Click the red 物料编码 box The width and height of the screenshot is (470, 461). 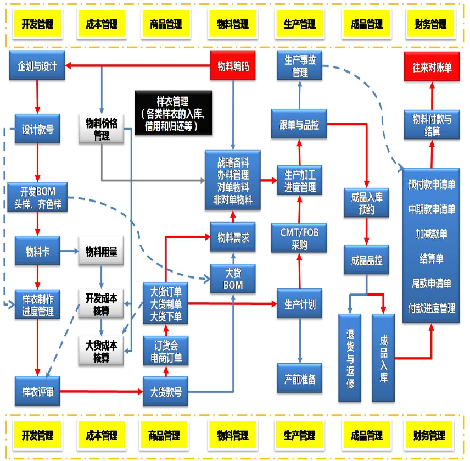coord(233,67)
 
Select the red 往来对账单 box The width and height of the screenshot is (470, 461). coord(432,67)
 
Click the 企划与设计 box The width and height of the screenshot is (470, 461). coord(37,67)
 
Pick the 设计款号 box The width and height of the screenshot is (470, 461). coord(37,129)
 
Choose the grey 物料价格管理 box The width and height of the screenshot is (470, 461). coord(102,129)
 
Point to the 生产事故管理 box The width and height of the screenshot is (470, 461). coord(300,66)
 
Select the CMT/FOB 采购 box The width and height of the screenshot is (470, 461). coord(299,238)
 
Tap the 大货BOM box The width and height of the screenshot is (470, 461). coord(233,278)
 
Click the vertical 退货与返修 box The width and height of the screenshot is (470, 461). coord(350,358)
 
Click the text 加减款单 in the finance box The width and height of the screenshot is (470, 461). coord(432,234)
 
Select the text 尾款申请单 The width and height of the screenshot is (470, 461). coord(432,284)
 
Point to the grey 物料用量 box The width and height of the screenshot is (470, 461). coord(102,252)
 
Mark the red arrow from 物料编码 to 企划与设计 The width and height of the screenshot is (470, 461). coord(137,67)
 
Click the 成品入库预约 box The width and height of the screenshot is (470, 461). coord(366,203)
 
